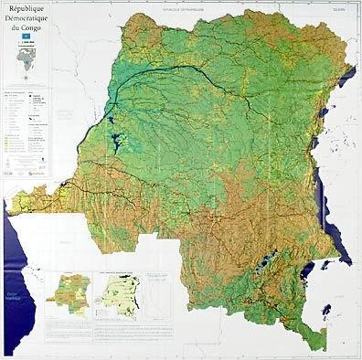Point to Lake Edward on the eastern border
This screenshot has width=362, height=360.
(x=329, y=143)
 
